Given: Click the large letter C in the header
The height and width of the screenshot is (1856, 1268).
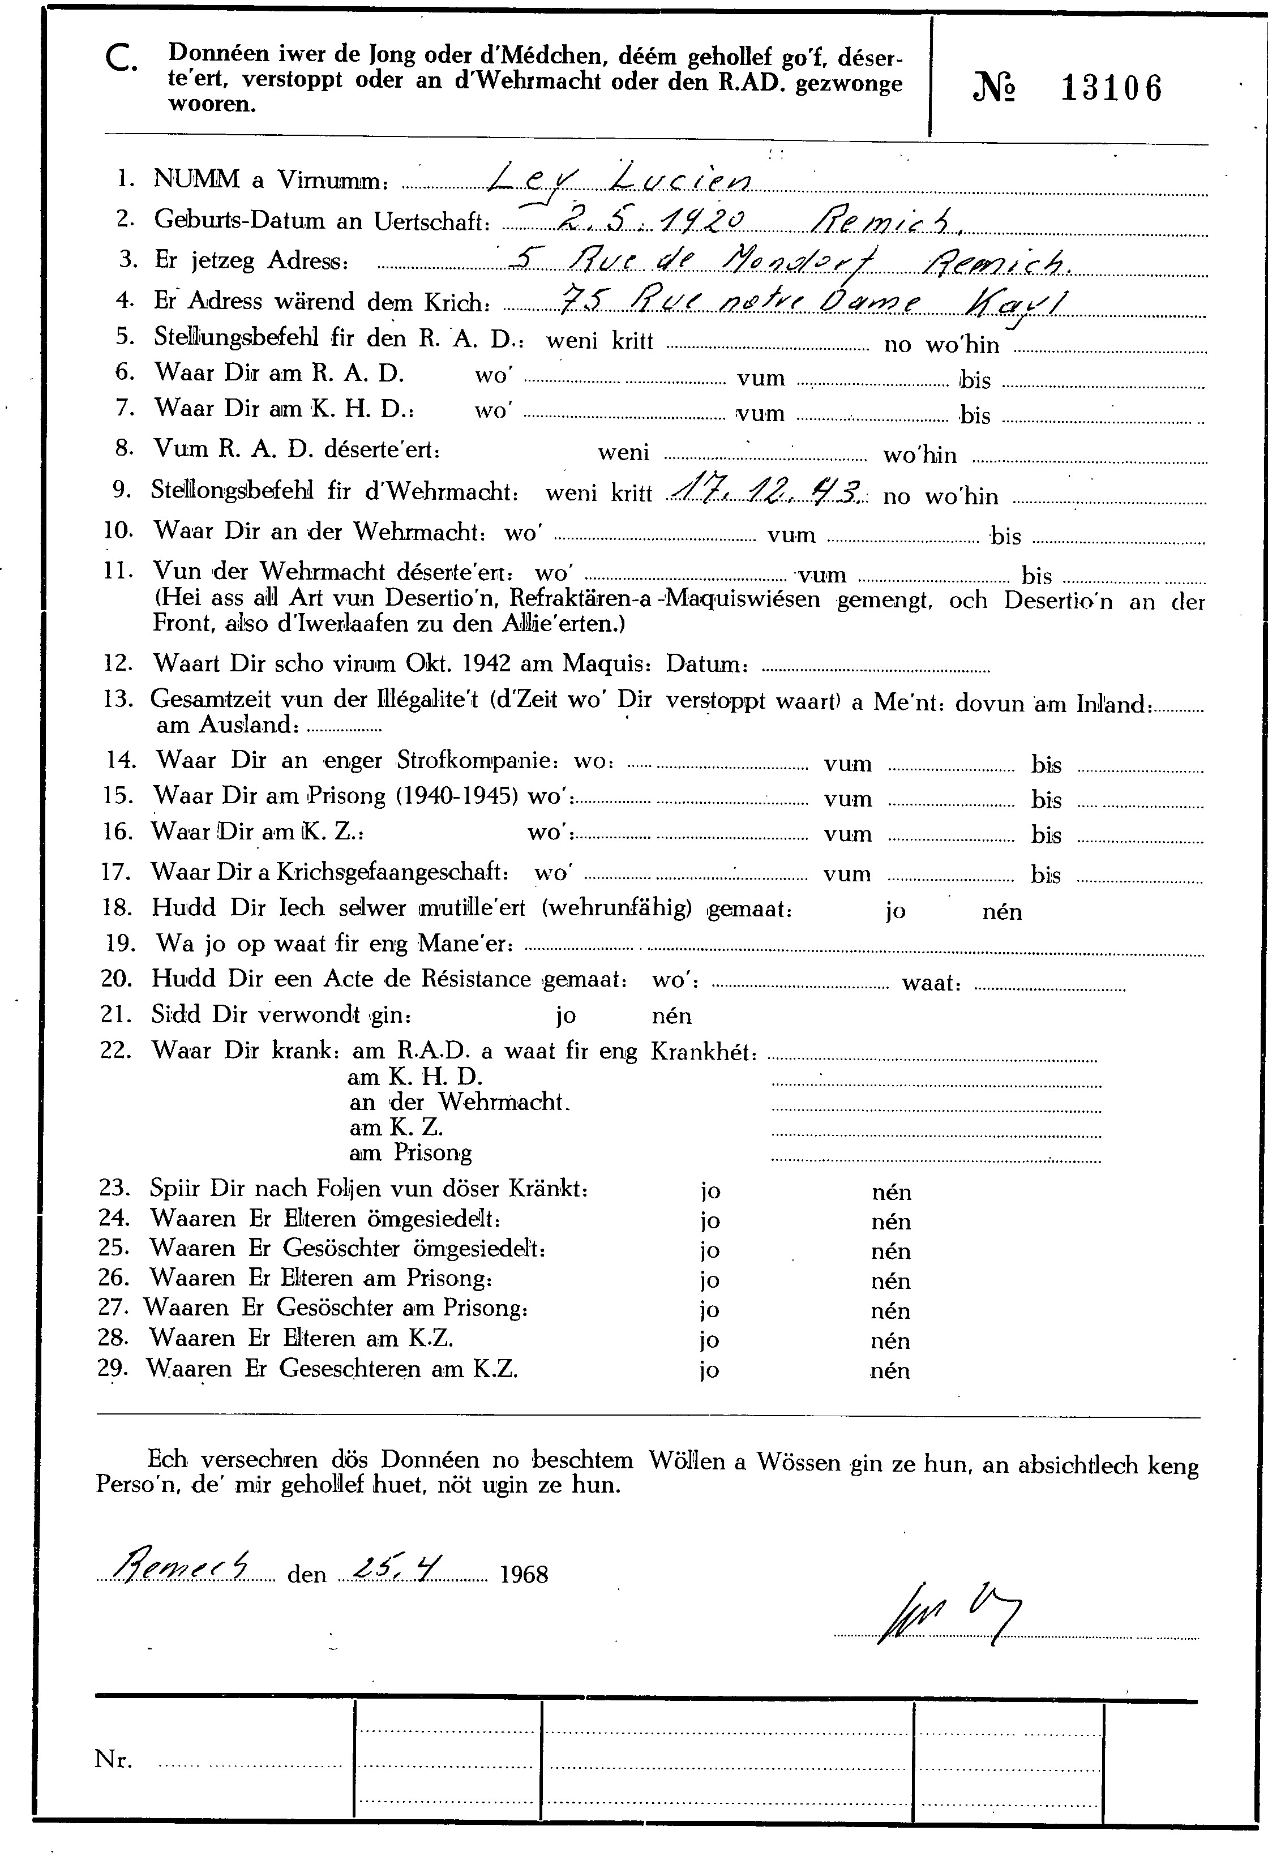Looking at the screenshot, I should point(121,59).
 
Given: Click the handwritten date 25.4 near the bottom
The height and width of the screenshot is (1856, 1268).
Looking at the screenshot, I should point(402,1568).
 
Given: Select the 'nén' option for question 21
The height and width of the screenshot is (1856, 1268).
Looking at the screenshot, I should point(671,1017).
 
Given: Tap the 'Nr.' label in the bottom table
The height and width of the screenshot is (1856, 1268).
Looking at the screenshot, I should point(113,1759).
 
